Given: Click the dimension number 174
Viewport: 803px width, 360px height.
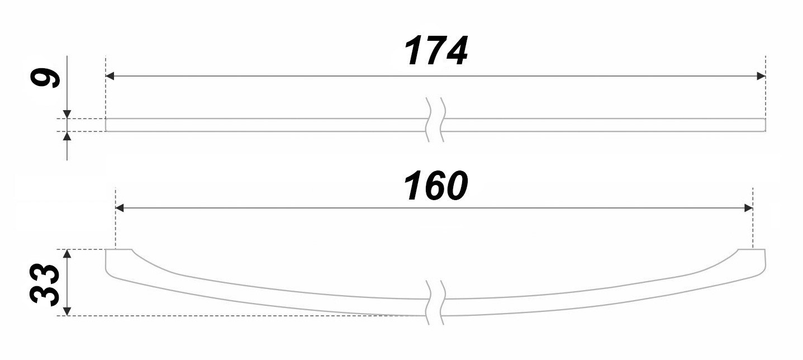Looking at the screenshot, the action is click(436, 50).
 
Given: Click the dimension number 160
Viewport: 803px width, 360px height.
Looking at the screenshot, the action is click(436, 186).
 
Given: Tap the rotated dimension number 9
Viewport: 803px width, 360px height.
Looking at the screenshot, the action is click(45, 78).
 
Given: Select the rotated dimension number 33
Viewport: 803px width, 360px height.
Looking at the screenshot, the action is click(45, 285).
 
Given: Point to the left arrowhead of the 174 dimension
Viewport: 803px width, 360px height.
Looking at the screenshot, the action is click(110, 76).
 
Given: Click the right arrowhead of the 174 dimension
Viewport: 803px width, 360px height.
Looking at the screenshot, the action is click(761, 76).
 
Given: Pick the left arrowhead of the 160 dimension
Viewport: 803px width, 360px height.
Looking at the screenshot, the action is click(120, 208).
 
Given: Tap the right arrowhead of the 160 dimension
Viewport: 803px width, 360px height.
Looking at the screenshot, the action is click(748, 208).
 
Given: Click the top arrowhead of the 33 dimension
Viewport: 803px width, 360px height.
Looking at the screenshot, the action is click(67, 254).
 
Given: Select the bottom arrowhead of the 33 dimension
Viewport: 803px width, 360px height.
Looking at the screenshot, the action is click(67, 311).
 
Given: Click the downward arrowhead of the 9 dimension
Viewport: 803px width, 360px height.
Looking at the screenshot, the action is click(67, 115).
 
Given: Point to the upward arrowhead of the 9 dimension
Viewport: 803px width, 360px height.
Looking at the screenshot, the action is click(67, 136).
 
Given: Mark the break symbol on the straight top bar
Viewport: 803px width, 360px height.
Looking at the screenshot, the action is click(435, 120).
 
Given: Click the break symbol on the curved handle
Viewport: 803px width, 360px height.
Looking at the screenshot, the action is click(435, 302).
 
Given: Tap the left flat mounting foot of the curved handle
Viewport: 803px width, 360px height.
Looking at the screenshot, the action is click(118, 250).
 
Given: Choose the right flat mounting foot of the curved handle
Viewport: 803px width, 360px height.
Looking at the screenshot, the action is click(752, 250).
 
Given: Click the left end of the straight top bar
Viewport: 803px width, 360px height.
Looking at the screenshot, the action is click(106, 125).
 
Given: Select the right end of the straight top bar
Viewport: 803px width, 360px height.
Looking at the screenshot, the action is click(765, 125).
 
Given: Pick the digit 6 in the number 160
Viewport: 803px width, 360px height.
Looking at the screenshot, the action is click(435, 186).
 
